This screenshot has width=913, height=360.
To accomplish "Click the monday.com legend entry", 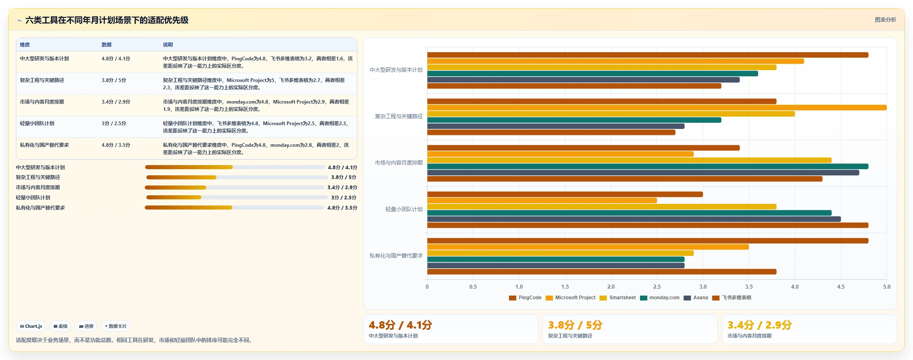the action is tap(660, 298).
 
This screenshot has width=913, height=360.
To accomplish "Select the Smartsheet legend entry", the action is tap(618, 298).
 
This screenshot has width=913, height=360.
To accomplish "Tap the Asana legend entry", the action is tap(696, 298).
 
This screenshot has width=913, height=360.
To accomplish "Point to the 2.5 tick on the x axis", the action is tap(657, 287).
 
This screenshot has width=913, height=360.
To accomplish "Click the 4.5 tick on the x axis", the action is tap(841, 287).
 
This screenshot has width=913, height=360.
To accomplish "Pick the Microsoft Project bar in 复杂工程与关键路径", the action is tap(657, 108).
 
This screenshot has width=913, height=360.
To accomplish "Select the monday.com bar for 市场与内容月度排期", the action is tap(648, 166).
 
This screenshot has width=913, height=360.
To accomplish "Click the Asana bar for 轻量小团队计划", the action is tap(634, 219).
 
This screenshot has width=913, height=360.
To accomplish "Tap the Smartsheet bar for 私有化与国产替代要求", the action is tap(560, 253).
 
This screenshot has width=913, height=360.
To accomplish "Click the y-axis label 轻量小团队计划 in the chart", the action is tap(404, 210).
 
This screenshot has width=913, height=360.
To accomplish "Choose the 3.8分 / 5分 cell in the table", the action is tap(114, 80).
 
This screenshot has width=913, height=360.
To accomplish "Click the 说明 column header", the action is tap(168, 45).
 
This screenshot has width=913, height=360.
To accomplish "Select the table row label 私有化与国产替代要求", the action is tap(44, 145).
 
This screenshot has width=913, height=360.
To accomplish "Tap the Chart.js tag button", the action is tap(31, 326).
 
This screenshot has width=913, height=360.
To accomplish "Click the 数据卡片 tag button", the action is tap(116, 326).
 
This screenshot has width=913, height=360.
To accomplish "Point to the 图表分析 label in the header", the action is tap(885, 20).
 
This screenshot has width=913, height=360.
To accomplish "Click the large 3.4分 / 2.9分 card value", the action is tap(760, 325).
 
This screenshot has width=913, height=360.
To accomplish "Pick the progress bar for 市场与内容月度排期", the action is tap(234, 188).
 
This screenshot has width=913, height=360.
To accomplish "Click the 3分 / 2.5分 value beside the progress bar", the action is tap(344, 198).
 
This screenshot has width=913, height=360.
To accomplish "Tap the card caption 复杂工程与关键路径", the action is tap(570, 336).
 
